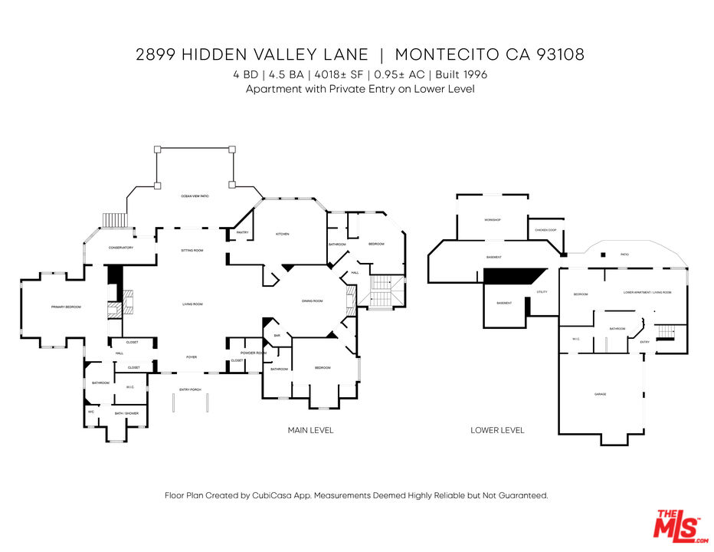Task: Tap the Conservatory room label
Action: click(121, 248)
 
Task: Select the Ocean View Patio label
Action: click(195, 197)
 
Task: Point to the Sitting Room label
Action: click(192, 251)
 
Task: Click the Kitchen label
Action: click(282, 234)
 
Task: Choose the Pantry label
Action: click(242, 232)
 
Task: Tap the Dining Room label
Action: click(313, 301)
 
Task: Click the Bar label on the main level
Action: click(277, 335)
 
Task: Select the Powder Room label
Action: click(253, 353)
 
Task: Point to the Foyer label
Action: click(192, 357)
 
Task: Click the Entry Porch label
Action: click(190, 389)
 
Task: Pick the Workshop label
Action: click(492, 220)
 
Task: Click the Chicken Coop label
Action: click(545, 230)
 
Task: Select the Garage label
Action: click(600, 394)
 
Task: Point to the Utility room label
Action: click(542, 292)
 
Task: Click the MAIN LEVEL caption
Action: click(310, 430)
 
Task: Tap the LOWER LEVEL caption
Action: click(497, 430)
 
